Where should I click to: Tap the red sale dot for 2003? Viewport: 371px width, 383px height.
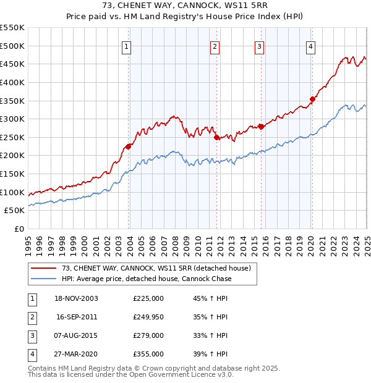[129, 146]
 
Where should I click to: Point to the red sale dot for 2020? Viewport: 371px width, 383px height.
[313, 99]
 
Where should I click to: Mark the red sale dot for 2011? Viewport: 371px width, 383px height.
[217, 138]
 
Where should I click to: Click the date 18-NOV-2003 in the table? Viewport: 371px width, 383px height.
[77, 298]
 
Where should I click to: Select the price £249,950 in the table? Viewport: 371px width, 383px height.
[148, 317]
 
